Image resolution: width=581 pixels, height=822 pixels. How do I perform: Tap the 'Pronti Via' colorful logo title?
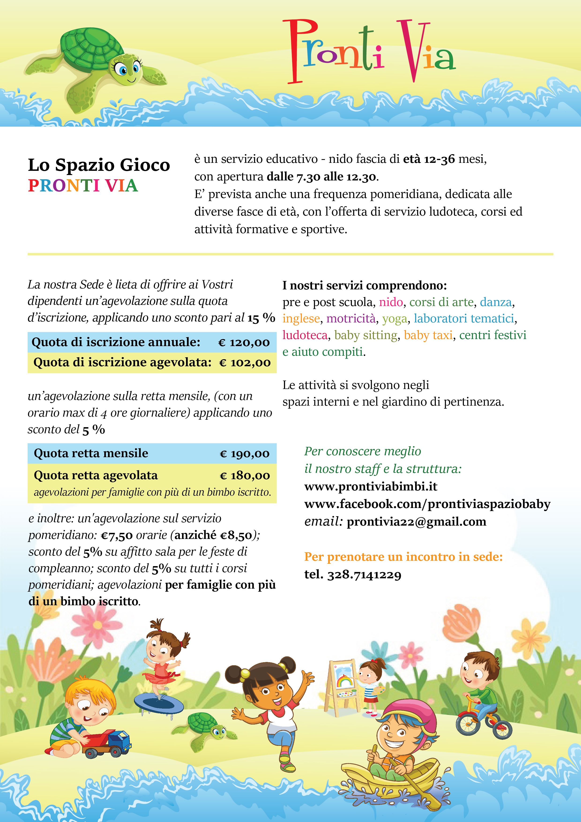(x=369, y=52)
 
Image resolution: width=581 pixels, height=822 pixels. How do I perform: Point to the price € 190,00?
(x=245, y=454)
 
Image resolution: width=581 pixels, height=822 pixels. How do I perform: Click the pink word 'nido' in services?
(x=391, y=303)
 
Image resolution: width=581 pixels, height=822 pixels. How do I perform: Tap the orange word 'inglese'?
(x=301, y=319)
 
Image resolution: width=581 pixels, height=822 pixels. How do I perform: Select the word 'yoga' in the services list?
(x=395, y=319)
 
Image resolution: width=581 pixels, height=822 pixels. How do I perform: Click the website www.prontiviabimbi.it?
(x=371, y=486)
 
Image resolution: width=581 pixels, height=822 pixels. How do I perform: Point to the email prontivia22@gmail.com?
(x=416, y=522)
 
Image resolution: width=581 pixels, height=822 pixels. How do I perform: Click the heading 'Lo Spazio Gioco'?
(x=99, y=165)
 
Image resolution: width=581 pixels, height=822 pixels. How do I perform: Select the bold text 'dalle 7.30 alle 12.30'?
(x=321, y=176)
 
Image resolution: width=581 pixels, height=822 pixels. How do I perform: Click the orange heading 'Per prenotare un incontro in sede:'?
(x=403, y=557)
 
